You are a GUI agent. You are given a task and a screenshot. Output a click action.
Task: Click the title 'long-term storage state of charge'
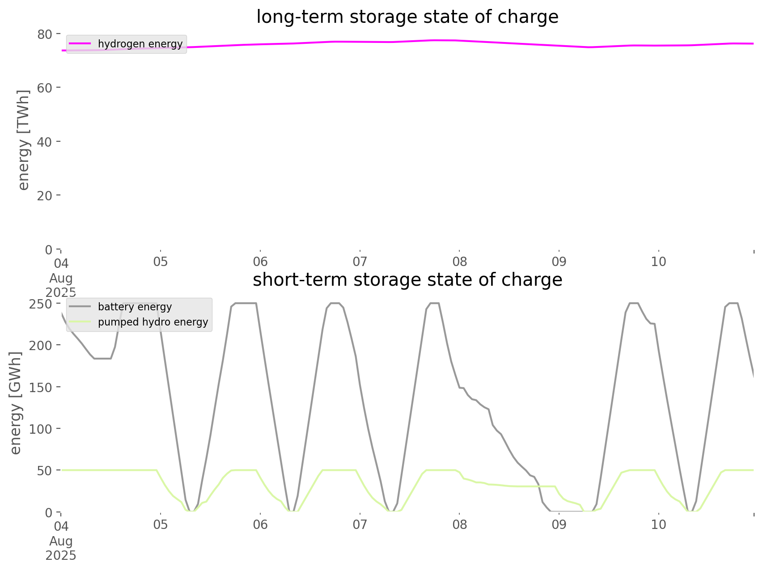407,17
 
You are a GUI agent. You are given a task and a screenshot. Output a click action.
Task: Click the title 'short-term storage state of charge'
407,280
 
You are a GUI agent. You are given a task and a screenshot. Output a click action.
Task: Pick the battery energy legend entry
135,307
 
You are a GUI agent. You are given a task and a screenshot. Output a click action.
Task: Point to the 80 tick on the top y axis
44,34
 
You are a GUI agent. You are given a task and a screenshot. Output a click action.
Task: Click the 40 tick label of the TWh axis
44,142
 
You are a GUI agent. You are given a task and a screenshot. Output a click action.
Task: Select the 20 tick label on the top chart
44,195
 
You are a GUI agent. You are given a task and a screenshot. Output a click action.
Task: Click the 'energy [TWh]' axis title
23,140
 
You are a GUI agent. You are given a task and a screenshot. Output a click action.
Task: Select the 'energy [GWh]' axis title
16,402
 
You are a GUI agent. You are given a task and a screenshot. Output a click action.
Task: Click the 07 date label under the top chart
360,262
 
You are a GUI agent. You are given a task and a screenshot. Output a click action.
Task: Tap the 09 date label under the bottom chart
559,524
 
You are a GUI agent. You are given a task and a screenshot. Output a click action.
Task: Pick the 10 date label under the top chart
658,262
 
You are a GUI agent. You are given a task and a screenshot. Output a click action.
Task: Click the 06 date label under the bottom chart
260,524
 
